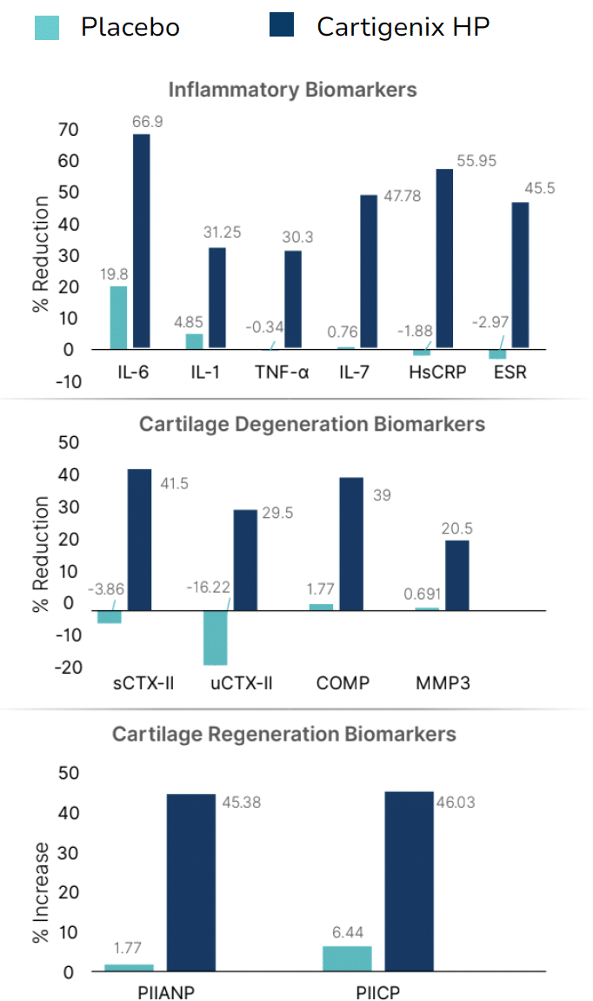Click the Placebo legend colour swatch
[47, 27]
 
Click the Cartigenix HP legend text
[403, 27]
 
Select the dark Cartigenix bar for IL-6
[141, 240]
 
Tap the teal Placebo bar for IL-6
[118, 318]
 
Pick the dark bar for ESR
[520, 275]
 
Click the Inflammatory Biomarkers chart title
[292, 90]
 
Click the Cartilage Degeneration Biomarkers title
[311, 425]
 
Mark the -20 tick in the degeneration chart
[69, 667]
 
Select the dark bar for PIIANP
[190, 883]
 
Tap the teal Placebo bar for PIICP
[347, 958]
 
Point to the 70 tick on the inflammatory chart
[69, 130]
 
